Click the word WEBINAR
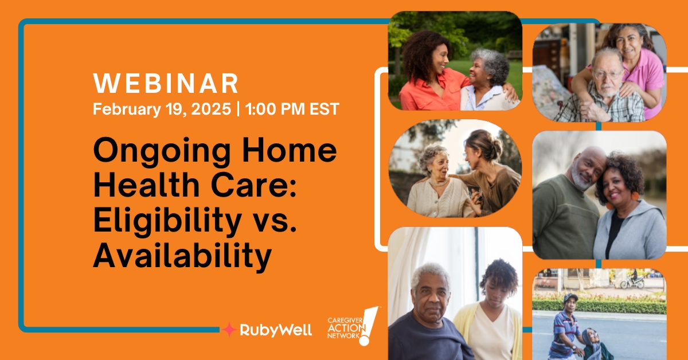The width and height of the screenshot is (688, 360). click(x=166, y=84)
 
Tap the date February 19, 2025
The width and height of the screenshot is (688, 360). click(x=162, y=109)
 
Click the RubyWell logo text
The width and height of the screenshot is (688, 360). click(x=276, y=330)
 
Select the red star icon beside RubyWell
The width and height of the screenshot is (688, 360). click(x=229, y=330)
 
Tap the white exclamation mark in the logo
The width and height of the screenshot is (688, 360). click(x=369, y=325)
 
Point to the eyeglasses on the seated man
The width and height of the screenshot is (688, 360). click(x=608, y=74)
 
